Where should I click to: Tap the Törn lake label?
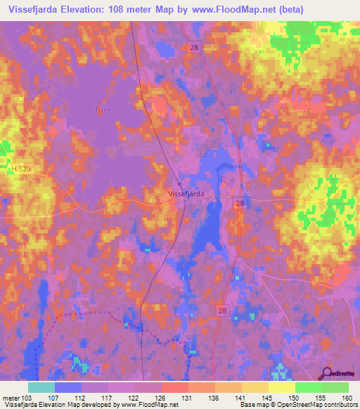pyautogui.click(x=103, y=110)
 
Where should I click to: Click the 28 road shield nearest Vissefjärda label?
pyautogui.click(x=240, y=203)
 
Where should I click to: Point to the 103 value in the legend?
pyautogui.click(x=27, y=397)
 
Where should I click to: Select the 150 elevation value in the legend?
pyautogui.click(x=293, y=397)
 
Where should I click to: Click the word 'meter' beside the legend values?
pyautogui.click(x=10, y=397)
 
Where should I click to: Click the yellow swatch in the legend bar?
pyautogui.click(x=281, y=387)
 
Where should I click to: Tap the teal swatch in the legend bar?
pyautogui.click(x=41, y=387)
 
